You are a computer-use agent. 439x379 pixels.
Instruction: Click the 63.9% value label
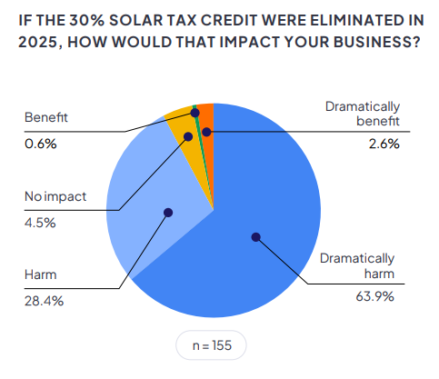pyautogui.click(x=374, y=296)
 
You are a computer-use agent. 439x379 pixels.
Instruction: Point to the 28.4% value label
pyautogui.click(x=44, y=301)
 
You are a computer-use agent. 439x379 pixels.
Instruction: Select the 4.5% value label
pyautogui.click(x=40, y=223)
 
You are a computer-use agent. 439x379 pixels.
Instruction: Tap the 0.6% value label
pyautogui.click(x=41, y=144)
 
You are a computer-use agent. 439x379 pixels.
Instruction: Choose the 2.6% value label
pyautogui.click(x=384, y=144)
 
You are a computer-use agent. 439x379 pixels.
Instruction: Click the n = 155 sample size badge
pyautogui.click(x=211, y=345)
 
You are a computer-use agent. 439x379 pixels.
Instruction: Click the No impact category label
pyautogui.click(x=55, y=197)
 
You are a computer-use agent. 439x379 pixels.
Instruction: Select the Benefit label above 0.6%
pyautogui.click(x=46, y=117)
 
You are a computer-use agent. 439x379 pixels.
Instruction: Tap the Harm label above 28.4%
pyautogui.click(x=41, y=274)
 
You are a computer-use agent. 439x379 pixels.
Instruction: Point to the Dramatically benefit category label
pyautogui.click(x=363, y=114)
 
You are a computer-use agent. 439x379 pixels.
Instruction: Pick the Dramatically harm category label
pyautogui.click(x=357, y=266)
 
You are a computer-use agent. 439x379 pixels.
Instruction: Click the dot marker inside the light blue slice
pyautogui.click(x=168, y=213)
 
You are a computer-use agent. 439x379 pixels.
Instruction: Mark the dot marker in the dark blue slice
pyautogui.click(x=256, y=237)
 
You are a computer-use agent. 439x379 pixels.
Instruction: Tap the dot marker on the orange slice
pyautogui.click(x=206, y=132)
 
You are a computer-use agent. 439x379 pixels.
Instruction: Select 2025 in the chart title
pyautogui.click(x=37, y=42)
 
